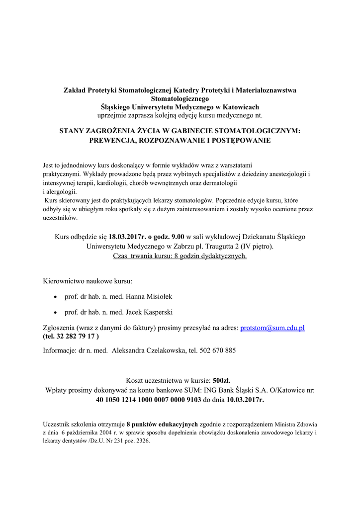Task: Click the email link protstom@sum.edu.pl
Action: coord(272,328)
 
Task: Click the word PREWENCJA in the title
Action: coord(112,141)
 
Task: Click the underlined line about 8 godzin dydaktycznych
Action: coord(180,256)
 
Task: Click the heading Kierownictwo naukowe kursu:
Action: coord(88,280)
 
